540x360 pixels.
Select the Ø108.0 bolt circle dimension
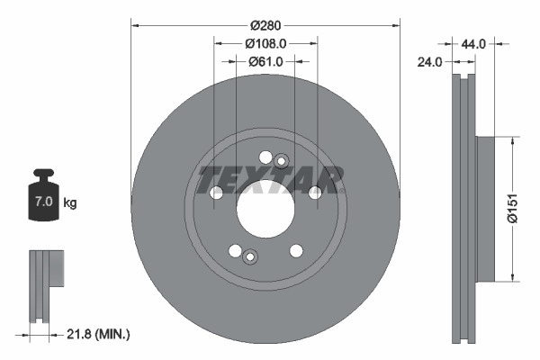265,42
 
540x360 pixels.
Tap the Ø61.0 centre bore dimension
265,61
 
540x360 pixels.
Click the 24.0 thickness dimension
430,62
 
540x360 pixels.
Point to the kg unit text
70,203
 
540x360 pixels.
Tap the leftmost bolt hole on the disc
216,193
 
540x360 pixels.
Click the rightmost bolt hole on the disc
315,193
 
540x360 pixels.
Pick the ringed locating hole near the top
281,161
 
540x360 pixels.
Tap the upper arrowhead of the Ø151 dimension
513,142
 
